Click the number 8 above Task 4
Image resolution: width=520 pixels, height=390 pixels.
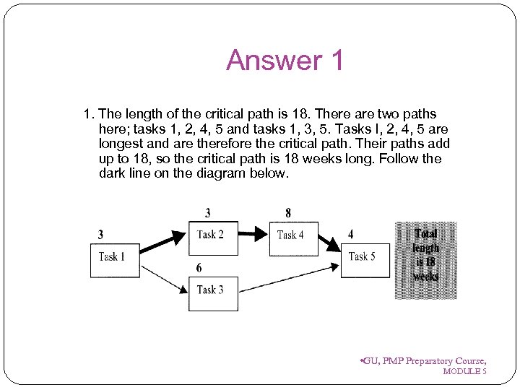tap(288, 213)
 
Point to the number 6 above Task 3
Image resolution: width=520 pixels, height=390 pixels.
tap(199, 268)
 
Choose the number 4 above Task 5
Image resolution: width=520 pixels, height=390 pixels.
tap(351, 234)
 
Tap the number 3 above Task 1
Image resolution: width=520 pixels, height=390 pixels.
tap(100, 234)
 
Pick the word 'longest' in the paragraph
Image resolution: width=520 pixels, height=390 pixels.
tap(119, 144)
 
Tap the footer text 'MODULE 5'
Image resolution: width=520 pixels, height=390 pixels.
tap(464, 371)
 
